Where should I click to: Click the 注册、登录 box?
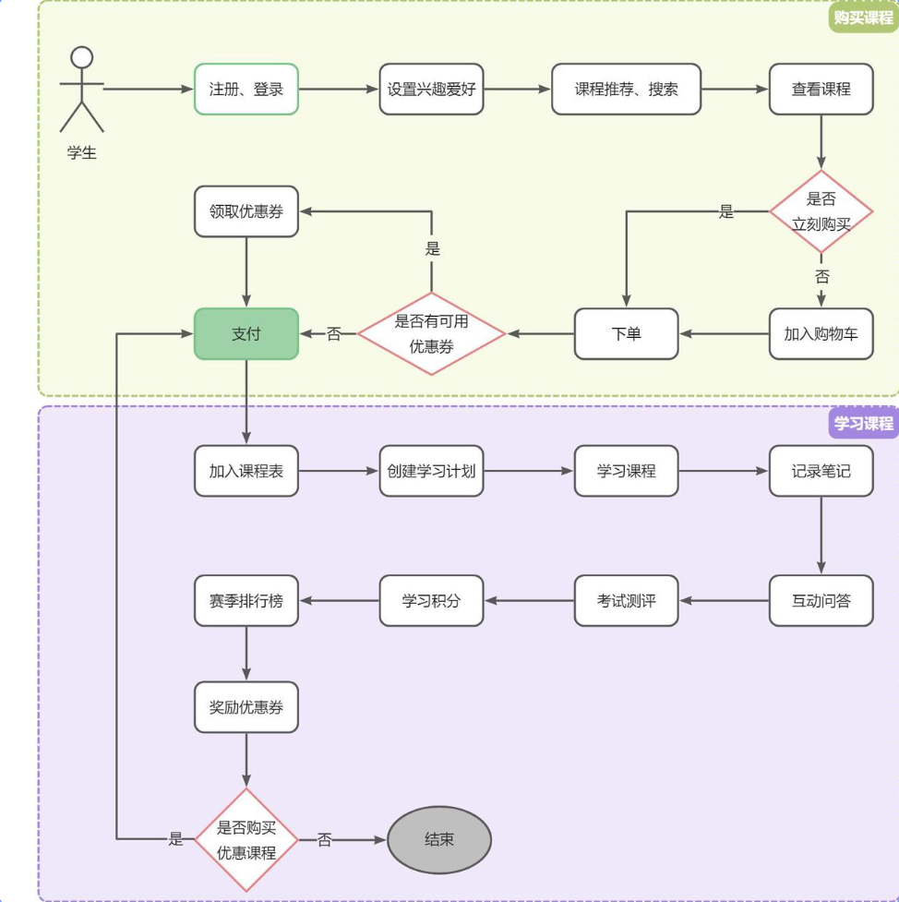point(246,90)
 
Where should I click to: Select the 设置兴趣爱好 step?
point(432,90)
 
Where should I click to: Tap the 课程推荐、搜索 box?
point(627,90)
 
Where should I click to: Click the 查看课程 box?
point(821,90)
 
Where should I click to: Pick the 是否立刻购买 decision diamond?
point(821,212)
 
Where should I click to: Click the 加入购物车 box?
point(821,333)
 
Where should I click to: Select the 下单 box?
point(627,333)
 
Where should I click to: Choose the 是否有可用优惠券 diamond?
point(432,333)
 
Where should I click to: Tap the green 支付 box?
point(246,333)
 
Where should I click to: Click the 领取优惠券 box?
point(246,211)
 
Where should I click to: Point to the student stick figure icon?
point(81,90)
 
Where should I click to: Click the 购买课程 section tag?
point(863,17)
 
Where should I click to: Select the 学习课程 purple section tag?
point(863,423)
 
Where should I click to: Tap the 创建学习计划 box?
point(432,471)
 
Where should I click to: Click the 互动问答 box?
point(821,601)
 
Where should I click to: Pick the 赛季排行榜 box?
point(246,601)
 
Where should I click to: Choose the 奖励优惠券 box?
point(246,707)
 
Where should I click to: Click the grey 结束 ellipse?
point(439,839)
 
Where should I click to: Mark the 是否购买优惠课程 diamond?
point(246,839)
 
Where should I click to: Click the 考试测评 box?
point(627,601)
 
